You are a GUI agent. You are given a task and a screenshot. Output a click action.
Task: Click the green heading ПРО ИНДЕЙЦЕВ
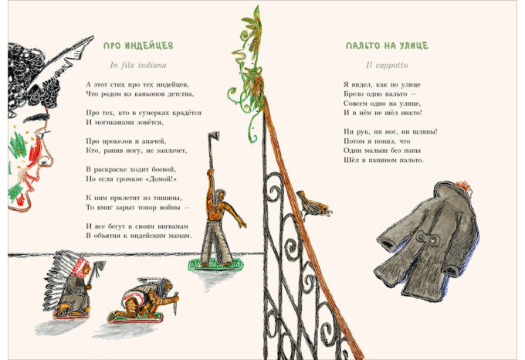click(x=138, y=46)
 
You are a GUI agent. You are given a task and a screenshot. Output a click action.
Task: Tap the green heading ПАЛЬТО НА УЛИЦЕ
click(x=387, y=46)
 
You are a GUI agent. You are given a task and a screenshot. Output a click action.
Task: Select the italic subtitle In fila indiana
click(x=138, y=65)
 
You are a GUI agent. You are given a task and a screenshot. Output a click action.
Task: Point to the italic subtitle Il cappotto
click(x=387, y=66)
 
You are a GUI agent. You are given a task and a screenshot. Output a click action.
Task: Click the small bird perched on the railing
click(x=313, y=204)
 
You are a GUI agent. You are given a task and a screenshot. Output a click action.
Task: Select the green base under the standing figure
click(x=215, y=265)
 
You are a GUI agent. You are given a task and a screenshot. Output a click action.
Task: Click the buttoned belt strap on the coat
click(x=427, y=238)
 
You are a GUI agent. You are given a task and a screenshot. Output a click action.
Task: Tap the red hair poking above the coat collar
click(x=462, y=185)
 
